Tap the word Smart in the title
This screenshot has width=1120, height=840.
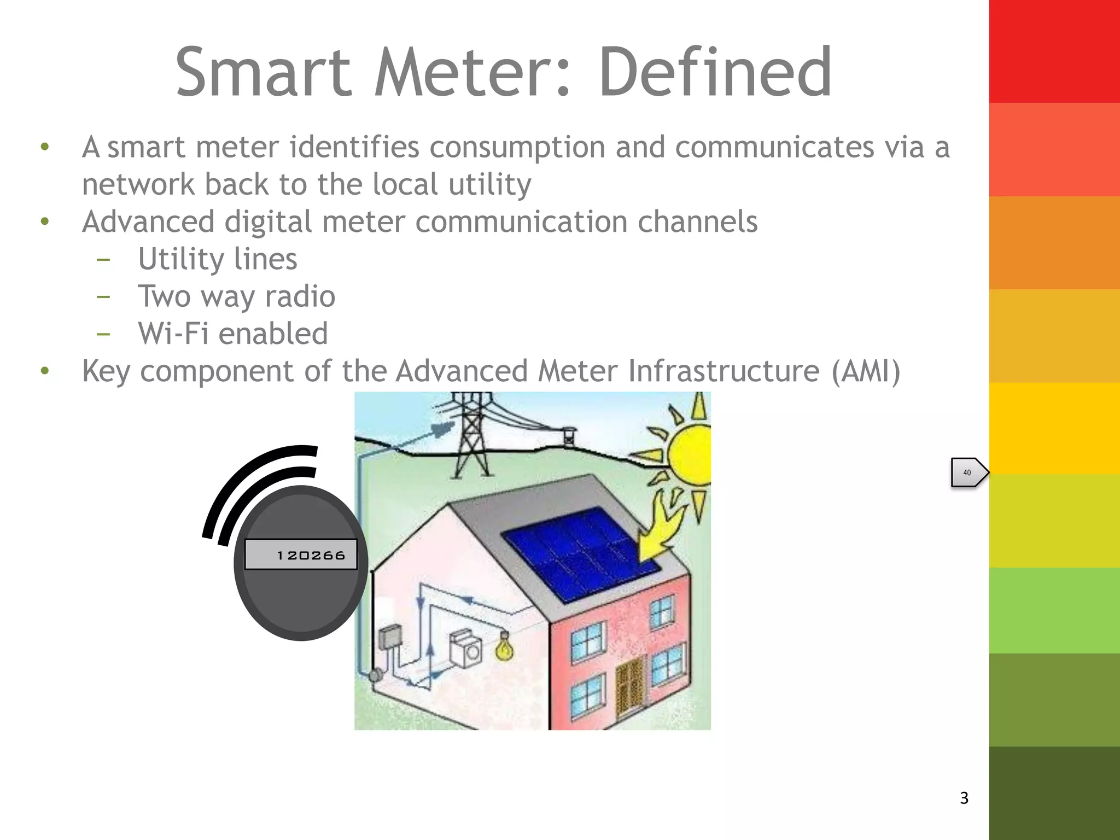[263, 72]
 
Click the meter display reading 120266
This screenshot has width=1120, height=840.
[301, 555]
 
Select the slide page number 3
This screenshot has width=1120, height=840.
[964, 798]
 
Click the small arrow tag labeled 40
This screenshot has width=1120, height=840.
[969, 472]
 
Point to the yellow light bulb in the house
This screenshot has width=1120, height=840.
[504, 647]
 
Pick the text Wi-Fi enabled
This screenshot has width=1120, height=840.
[232, 334]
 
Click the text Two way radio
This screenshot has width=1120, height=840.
[236, 296]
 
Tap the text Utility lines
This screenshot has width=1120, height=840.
[217, 259]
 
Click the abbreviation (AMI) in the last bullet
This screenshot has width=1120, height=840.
[865, 371]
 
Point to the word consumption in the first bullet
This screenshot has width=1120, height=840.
[517, 148]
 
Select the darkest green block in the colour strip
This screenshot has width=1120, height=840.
[1054, 793]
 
